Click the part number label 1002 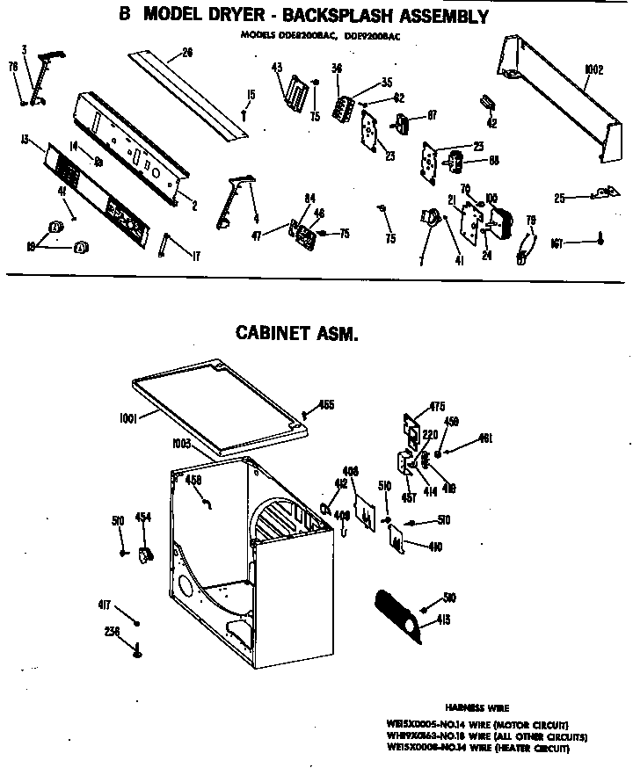(594, 69)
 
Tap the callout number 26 (186, 52)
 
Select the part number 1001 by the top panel (127, 420)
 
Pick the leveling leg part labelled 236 (137, 649)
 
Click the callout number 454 (141, 517)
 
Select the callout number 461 (484, 438)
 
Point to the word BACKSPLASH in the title (320, 17)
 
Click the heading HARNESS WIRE (477, 706)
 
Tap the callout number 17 (195, 257)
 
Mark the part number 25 (560, 199)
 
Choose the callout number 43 (277, 68)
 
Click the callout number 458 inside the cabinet (194, 480)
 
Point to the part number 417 (104, 604)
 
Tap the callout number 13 (25, 139)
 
